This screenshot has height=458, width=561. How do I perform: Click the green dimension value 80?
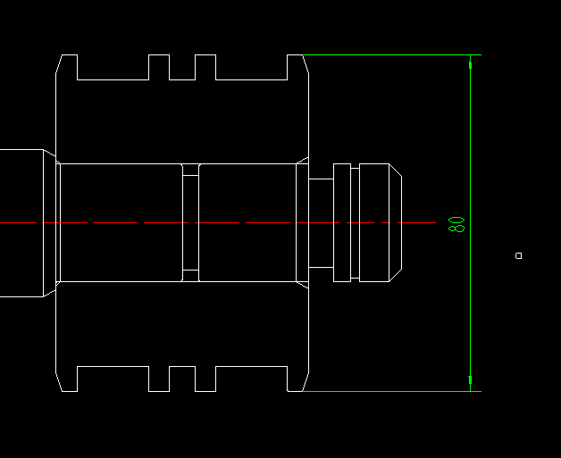pyautogui.click(x=456, y=224)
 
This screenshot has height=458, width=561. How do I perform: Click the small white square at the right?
pyautogui.click(x=518, y=255)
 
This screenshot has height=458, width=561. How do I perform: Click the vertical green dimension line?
pyautogui.click(x=470, y=223)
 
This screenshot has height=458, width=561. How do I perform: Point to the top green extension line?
pyautogui.click(x=392, y=54)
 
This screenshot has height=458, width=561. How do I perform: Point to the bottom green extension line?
pyautogui.click(x=392, y=392)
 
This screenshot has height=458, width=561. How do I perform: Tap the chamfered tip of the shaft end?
pyautogui.click(x=396, y=222)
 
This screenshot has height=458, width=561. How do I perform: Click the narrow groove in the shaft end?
pyautogui.click(x=355, y=222)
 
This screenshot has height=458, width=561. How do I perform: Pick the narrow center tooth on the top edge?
pyautogui.click(x=182, y=67)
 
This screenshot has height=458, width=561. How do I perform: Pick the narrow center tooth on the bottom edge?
pyautogui.click(x=182, y=379)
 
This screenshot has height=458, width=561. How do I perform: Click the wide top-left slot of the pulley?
pyautogui.click(x=113, y=67)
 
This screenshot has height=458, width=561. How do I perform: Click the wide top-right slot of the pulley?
pyautogui.click(x=252, y=67)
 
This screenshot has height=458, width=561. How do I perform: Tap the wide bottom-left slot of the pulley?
pyautogui.click(x=113, y=379)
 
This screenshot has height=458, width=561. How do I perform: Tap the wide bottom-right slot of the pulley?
pyautogui.click(x=252, y=379)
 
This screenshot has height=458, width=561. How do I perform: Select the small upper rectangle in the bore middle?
pyautogui.click(x=190, y=170)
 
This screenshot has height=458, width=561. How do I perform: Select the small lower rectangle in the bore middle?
pyautogui.click(x=190, y=276)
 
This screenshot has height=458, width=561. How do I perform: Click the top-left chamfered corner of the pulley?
pyautogui.click(x=59, y=64)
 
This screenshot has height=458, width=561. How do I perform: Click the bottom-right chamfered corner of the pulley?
pyautogui.click(x=306, y=382)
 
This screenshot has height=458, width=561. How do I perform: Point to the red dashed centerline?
pyautogui.click(x=218, y=222)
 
